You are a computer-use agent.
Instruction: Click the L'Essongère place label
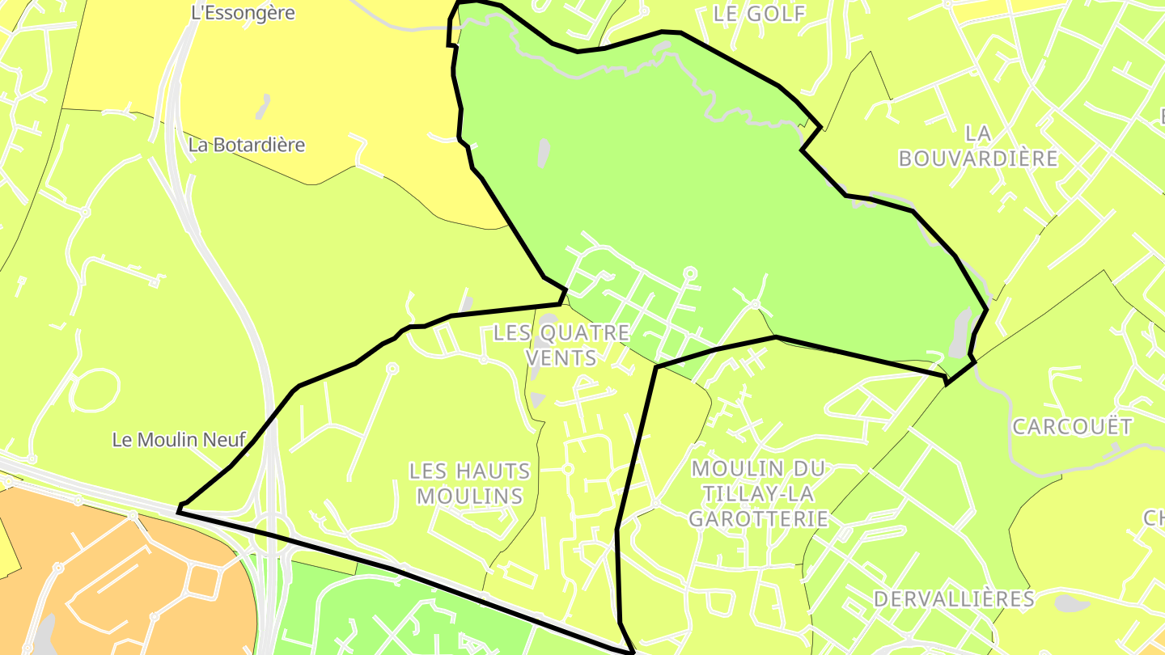(x=243, y=13)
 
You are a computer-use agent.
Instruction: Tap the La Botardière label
(x=247, y=146)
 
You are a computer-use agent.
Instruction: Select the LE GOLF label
(x=760, y=14)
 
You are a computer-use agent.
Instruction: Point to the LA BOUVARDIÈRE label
(x=978, y=146)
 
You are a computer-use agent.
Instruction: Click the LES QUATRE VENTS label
(x=561, y=344)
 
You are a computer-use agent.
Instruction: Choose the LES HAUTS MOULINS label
(x=469, y=483)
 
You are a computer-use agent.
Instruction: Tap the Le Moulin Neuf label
(x=179, y=440)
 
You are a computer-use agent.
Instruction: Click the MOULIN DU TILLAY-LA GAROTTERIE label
(x=759, y=493)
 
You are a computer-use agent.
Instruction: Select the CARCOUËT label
(x=1072, y=427)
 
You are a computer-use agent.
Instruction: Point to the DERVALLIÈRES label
(x=954, y=599)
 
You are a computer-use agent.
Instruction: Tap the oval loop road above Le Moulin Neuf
(x=95, y=391)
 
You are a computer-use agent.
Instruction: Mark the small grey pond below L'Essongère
(x=263, y=105)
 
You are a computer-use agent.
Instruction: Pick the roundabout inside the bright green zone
(x=690, y=273)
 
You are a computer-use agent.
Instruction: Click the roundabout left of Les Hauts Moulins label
(x=392, y=369)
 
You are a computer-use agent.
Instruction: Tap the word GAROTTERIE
(x=759, y=518)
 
